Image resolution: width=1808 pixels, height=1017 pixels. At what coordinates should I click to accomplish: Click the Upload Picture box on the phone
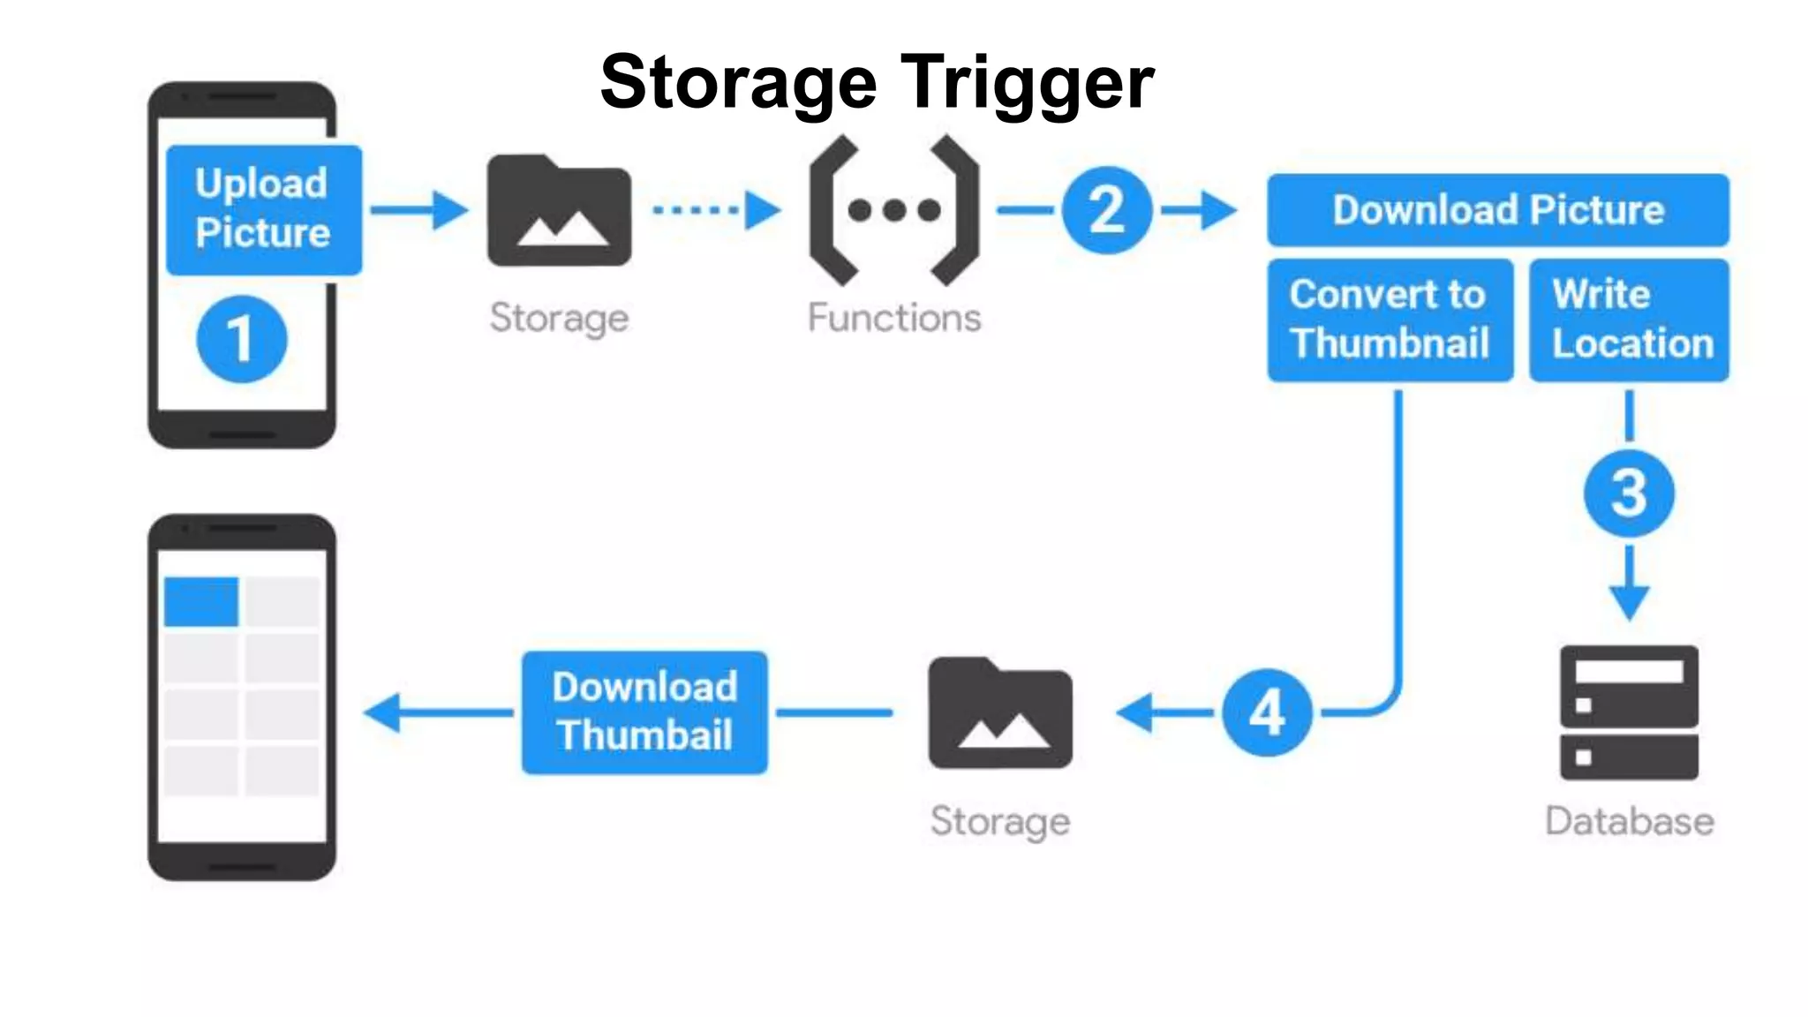(263, 210)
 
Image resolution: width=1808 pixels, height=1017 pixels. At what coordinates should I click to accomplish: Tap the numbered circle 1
(241, 339)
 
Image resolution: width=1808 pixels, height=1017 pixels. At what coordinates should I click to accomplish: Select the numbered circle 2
(1106, 210)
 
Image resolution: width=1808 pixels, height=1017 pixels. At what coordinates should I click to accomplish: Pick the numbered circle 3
(1629, 493)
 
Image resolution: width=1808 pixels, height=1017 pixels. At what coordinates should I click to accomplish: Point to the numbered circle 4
(1267, 712)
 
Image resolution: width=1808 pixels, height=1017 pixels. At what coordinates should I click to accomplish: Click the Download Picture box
(1498, 210)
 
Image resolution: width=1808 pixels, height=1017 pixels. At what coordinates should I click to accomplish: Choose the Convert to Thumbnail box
(1390, 320)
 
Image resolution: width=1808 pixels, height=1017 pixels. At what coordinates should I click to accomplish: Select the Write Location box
(1630, 320)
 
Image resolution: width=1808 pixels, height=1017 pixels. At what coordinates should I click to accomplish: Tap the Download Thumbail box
(644, 712)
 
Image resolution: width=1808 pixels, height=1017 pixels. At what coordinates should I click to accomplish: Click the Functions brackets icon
(893, 210)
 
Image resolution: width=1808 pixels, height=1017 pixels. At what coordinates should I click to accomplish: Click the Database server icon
(1629, 712)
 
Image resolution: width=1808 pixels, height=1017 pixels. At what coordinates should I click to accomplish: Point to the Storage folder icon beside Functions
(559, 212)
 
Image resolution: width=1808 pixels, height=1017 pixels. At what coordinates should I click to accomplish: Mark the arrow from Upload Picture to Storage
(418, 210)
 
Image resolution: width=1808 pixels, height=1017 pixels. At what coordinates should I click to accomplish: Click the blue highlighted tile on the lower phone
(201, 602)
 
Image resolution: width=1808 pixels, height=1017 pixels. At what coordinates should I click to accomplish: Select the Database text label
(1629, 821)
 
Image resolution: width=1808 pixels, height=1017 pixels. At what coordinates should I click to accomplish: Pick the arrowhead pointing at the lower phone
(385, 712)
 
